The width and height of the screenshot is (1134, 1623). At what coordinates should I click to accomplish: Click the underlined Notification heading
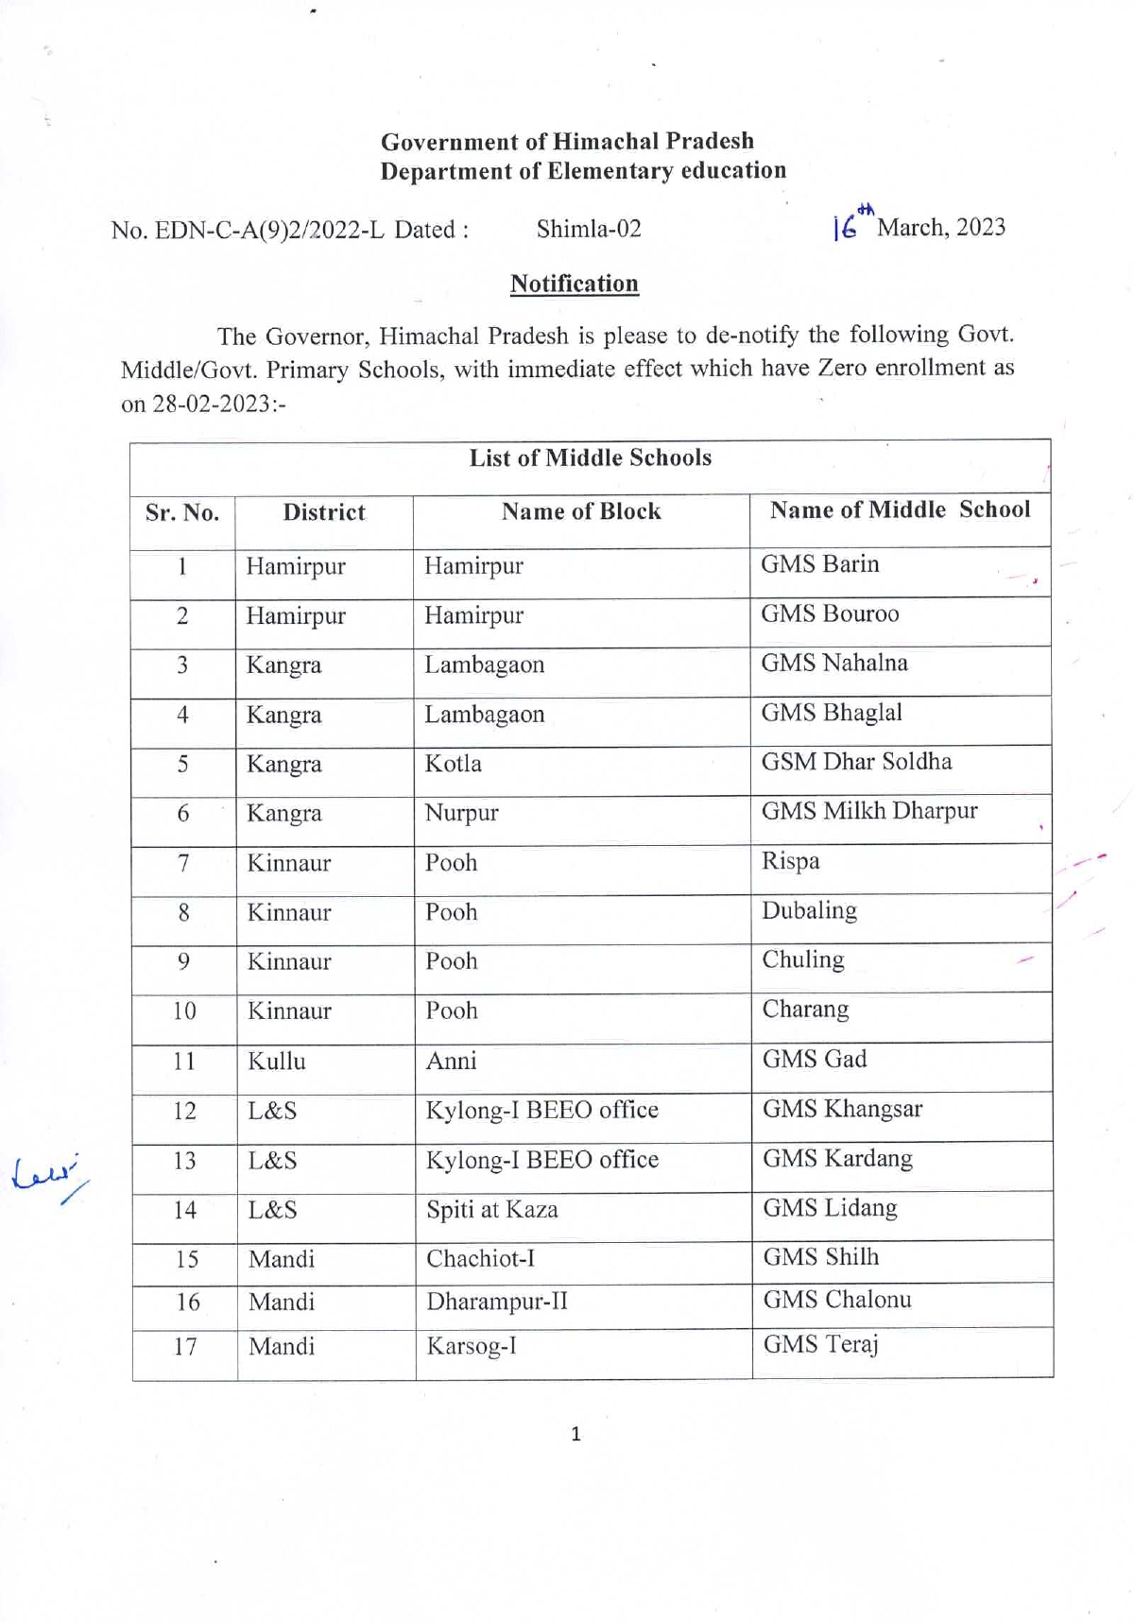575,284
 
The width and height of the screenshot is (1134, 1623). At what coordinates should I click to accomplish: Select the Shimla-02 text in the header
589,229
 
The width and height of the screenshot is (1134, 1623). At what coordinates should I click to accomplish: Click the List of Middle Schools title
591,458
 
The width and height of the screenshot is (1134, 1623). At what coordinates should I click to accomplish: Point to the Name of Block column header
581,511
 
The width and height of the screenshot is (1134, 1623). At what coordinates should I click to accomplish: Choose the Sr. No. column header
182,513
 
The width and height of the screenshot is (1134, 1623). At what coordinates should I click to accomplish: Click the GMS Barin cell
820,564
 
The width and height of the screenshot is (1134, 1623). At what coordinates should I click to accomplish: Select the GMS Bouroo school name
830,614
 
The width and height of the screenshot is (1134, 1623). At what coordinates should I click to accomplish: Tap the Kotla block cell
454,764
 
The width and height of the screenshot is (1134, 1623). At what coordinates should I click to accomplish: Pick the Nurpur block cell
461,813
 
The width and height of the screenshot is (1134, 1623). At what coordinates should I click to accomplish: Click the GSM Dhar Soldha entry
856,762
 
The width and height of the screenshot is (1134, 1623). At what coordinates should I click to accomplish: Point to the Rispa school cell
791,861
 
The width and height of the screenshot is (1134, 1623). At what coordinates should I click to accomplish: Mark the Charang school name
806,1010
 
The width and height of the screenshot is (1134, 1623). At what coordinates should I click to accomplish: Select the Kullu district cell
277,1062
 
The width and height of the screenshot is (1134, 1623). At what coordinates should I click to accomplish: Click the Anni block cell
452,1062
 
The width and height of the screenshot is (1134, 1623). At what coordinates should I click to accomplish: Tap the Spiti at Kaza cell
492,1210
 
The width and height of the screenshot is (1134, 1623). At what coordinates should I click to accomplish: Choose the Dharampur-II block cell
497,1302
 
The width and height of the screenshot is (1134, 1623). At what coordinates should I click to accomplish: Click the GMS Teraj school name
820,1344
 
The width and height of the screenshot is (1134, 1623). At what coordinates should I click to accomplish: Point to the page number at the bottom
576,1435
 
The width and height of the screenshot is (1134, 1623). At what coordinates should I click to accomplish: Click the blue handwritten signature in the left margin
47,1175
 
